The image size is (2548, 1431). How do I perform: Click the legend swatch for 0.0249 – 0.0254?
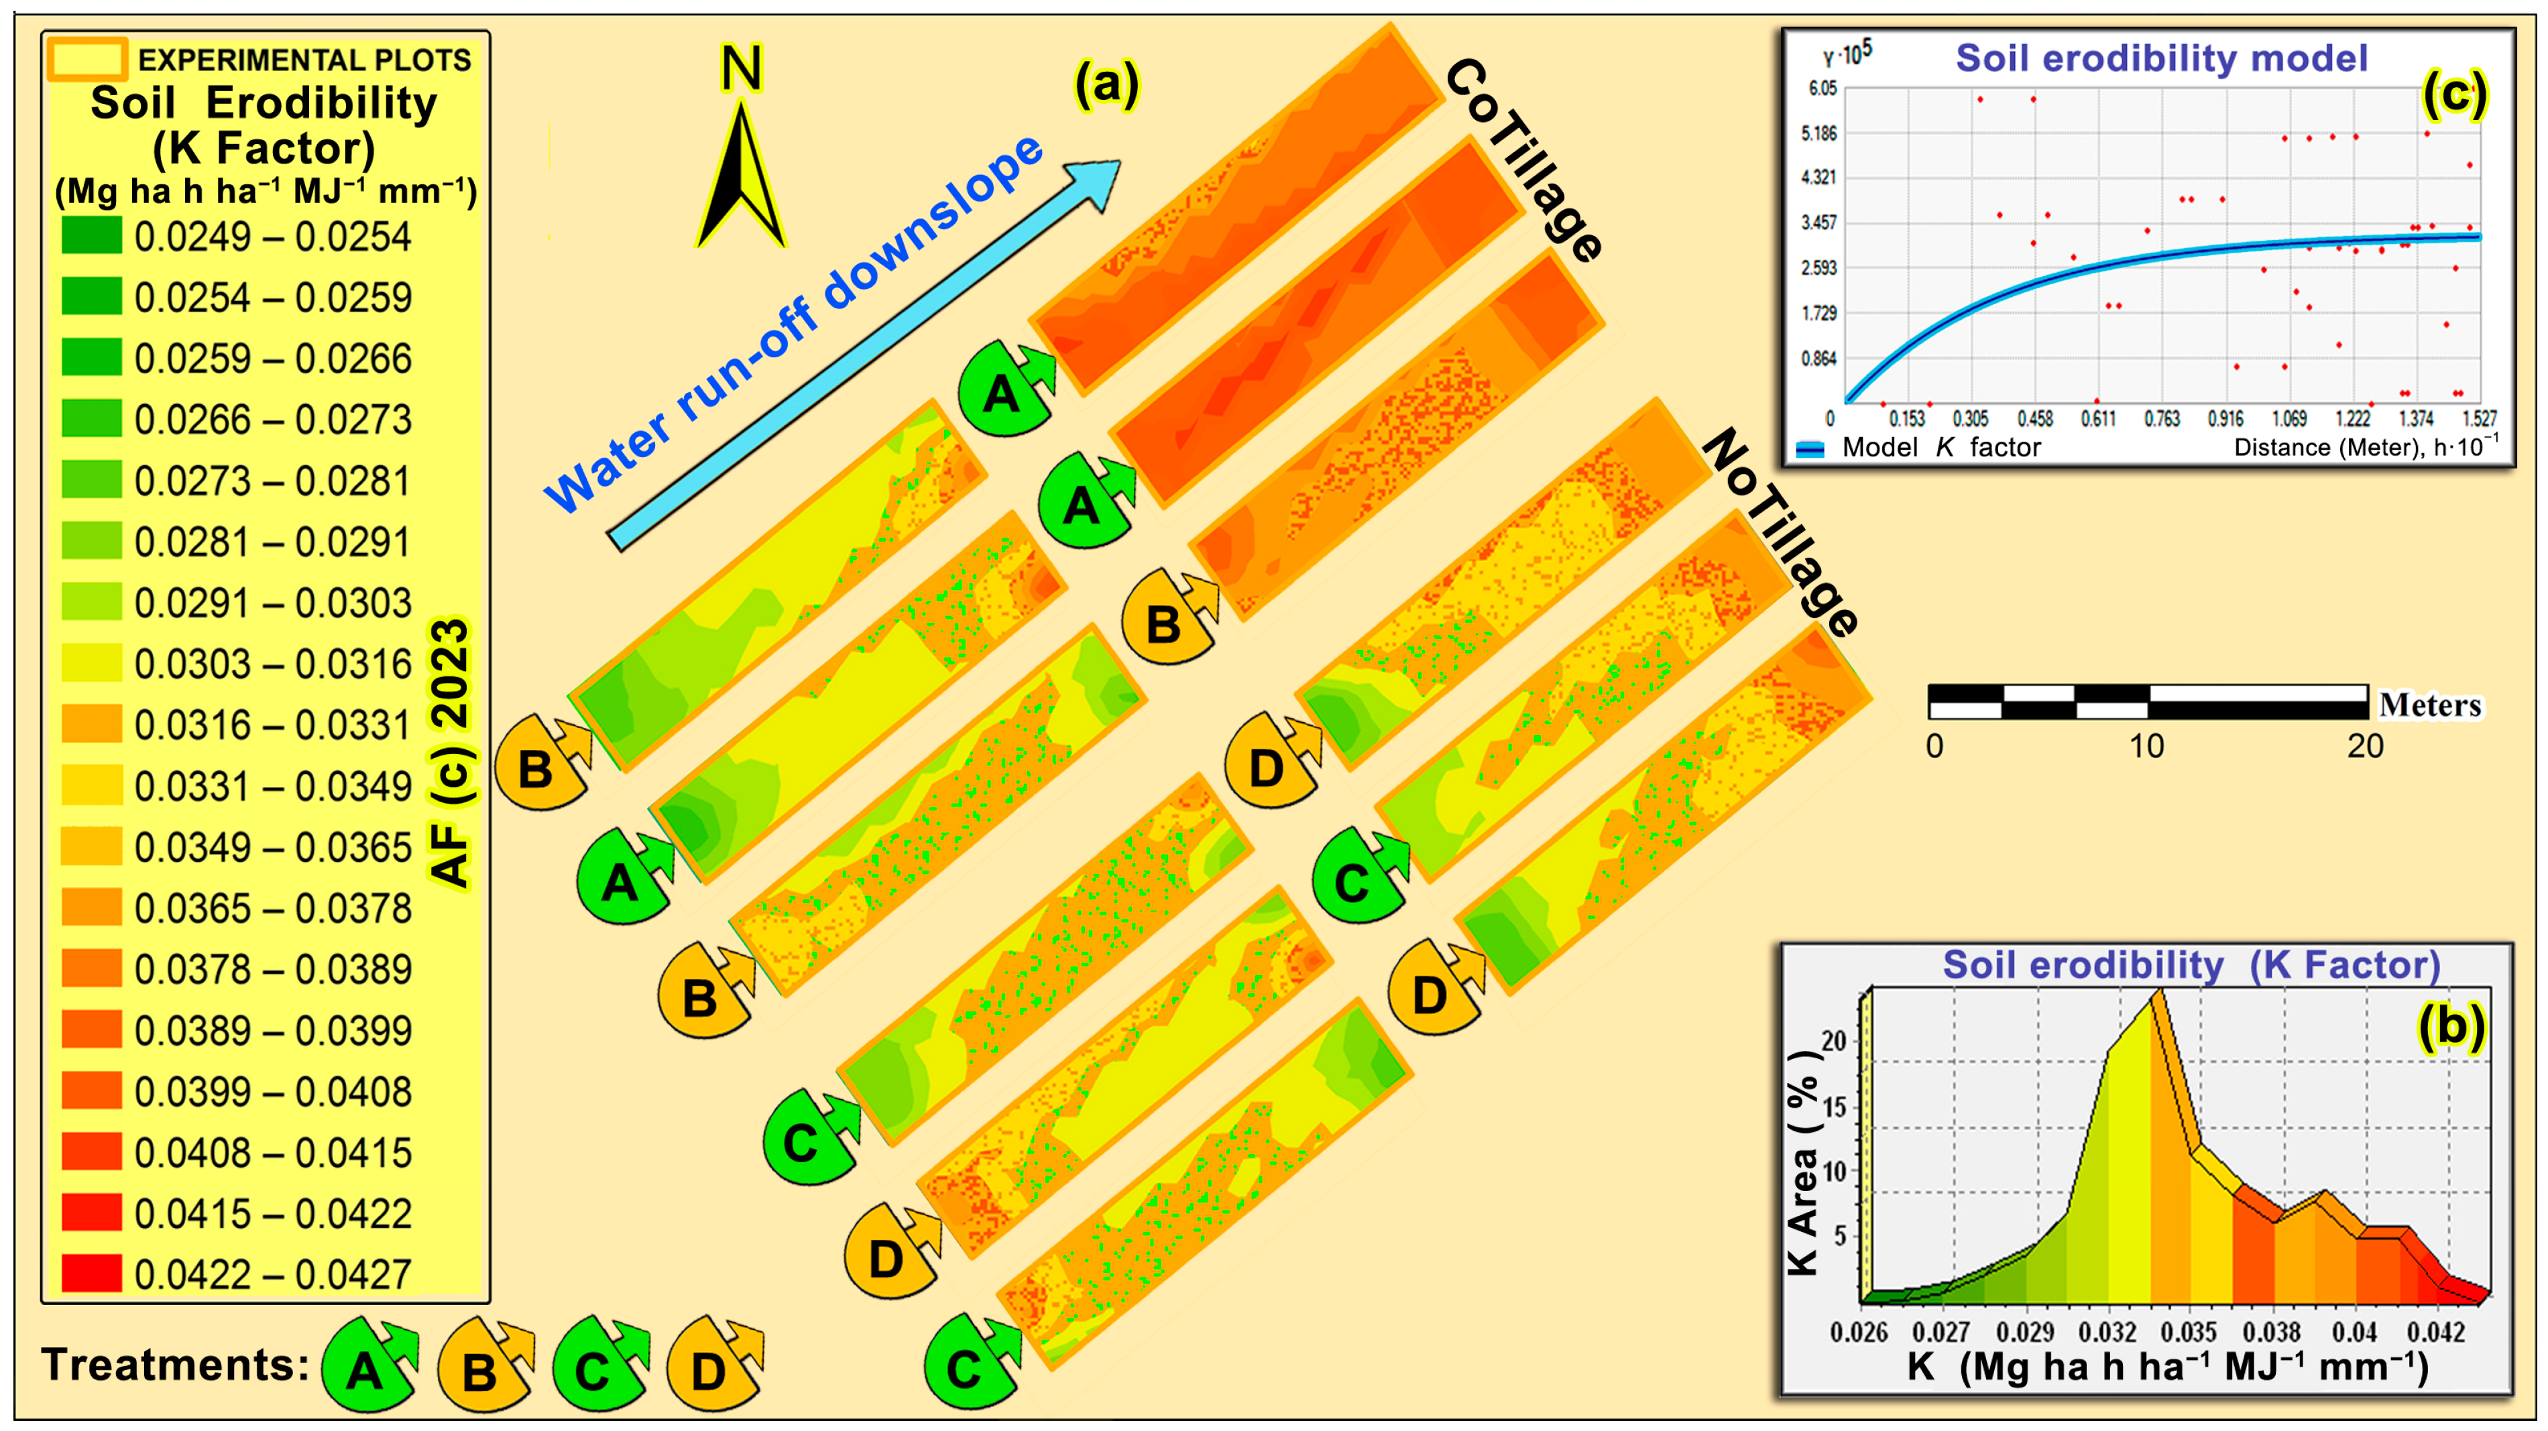pyautogui.click(x=91, y=235)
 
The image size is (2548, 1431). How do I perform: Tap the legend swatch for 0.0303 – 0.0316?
pyautogui.click(x=91, y=663)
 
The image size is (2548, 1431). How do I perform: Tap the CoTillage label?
pyautogui.click(x=1523, y=158)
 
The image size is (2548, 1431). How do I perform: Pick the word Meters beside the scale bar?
pyautogui.click(x=2429, y=705)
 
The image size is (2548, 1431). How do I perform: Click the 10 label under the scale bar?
pyautogui.click(x=2146, y=746)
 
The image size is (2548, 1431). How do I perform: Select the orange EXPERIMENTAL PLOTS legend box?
pyautogui.click(x=87, y=60)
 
